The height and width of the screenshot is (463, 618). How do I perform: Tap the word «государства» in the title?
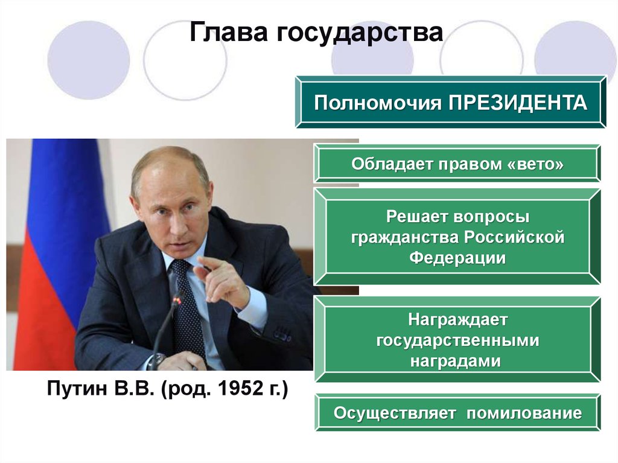[x=360, y=33]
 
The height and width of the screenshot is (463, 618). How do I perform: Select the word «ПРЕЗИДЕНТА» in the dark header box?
[x=517, y=103]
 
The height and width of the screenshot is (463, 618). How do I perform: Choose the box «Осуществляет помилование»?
[x=457, y=412]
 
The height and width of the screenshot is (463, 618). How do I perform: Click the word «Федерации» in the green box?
[x=457, y=258]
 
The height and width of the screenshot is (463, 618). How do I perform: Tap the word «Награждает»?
[x=457, y=320]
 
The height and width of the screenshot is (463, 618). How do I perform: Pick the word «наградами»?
[x=455, y=361]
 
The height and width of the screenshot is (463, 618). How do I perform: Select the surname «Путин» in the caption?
[x=77, y=389]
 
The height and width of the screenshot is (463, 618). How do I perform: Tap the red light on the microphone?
[x=176, y=301]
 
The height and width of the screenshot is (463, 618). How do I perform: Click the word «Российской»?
[x=514, y=237]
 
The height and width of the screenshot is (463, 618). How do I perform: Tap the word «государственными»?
[x=457, y=340]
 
